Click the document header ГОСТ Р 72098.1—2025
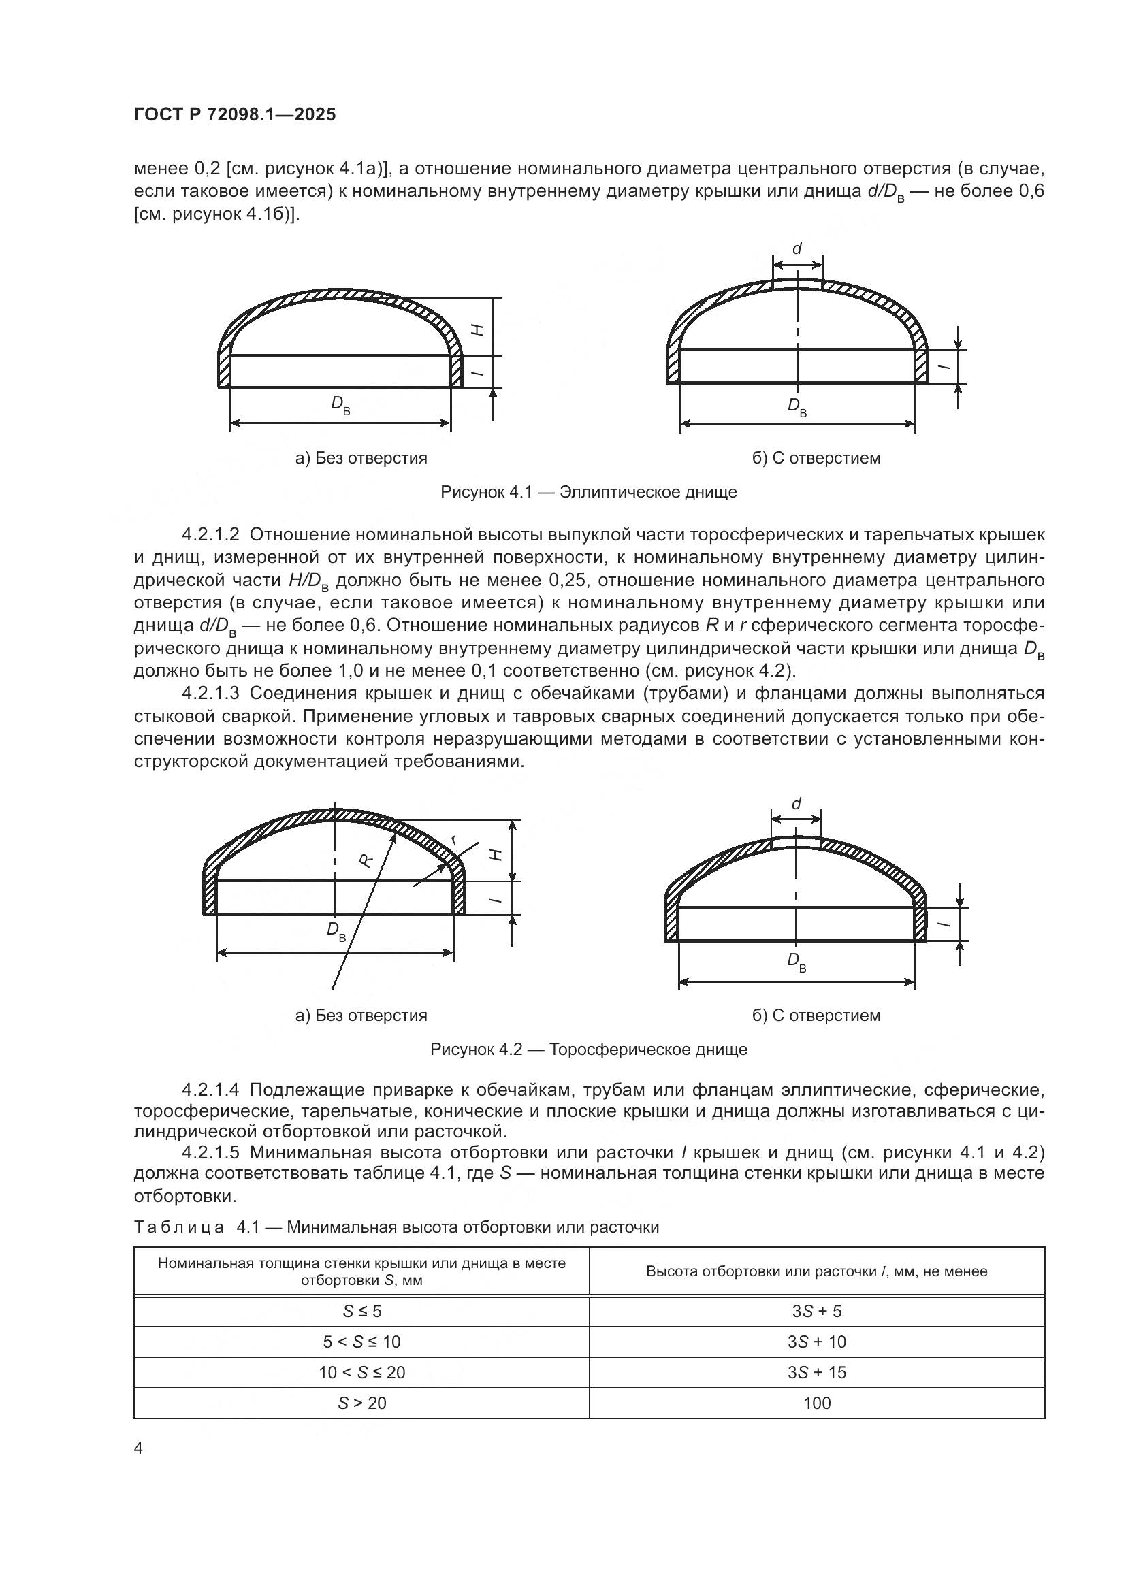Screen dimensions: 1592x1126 234,115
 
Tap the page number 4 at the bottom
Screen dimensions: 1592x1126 138,1448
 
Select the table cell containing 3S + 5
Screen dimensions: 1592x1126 816,1311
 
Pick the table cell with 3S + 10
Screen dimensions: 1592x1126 816,1342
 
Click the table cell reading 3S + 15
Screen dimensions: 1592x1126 816,1372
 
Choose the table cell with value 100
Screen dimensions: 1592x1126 816,1403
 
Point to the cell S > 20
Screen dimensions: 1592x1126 361,1403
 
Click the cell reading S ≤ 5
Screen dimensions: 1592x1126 361,1311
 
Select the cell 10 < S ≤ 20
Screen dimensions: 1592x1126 361,1372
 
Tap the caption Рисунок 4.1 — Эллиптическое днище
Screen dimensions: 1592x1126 588,492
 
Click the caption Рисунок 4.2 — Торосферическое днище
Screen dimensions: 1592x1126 588,1049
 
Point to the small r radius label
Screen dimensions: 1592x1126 454,840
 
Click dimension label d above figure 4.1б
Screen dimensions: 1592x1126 797,248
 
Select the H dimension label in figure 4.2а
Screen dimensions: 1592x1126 496,854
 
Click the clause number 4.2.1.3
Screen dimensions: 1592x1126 210,694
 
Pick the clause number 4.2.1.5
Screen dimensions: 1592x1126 210,1152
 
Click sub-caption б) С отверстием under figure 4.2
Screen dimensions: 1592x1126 816,1015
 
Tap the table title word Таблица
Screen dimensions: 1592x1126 178,1227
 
